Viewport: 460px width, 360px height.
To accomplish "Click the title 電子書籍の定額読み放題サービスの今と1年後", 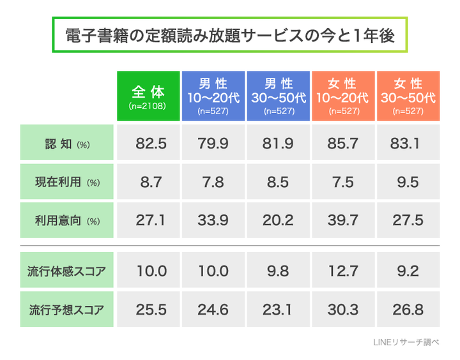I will click(x=229, y=36).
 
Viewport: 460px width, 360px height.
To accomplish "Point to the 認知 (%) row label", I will click(x=66, y=143).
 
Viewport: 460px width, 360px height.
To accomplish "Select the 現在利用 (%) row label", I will click(x=66, y=182).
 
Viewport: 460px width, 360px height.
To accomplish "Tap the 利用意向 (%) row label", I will click(x=66, y=221).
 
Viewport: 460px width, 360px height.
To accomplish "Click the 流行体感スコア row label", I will click(x=66, y=271).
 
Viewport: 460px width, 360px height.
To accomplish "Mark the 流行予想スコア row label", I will click(x=66, y=310).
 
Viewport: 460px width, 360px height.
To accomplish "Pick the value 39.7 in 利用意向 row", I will click(x=343, y=221).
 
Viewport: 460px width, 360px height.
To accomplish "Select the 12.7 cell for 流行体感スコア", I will click(x=343, y=271).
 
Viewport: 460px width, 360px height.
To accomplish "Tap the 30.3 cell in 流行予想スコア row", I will click(x=343, y=310).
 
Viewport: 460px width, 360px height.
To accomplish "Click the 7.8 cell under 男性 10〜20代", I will click(x=213, y=182).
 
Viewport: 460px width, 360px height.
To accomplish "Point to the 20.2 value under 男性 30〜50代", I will click(x=279, y=221).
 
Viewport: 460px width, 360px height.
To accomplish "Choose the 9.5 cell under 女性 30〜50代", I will click(x=408, y=182).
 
